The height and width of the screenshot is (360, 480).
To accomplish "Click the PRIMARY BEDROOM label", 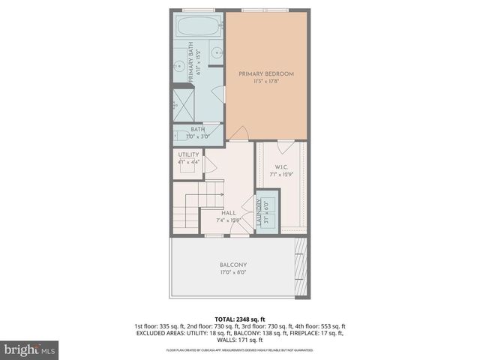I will pyautogui.click(x=265, y=73).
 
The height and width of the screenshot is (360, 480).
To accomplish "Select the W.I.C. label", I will pyautogui.click(x=282, y=167).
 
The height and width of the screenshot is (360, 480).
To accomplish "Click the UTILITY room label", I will pyautogui.click(x=188, y=154).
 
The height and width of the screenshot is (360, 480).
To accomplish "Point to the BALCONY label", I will pyautogui.click(x=233, y=265).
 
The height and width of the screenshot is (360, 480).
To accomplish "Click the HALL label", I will pyautogui.click(x=228, y=213).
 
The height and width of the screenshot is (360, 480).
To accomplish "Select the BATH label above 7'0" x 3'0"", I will pyautogui.click(x=197, y=129).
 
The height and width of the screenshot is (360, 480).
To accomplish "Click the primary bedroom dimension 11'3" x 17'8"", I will pyautogui.click(x=265, y=82).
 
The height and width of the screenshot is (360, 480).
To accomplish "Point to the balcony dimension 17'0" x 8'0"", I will pyautogui.click(x=233, y=274).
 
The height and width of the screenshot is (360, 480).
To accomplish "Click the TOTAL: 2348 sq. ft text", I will pyautogui.click(x=239, y=319).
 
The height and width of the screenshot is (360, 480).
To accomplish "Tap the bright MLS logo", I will pyautogui.click(x=29, y=349).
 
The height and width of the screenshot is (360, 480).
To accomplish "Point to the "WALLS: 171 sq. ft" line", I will pyautogui.click(x=239, y=340).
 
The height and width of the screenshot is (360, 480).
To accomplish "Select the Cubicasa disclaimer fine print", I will pyautogui.click(x=239, y=350).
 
